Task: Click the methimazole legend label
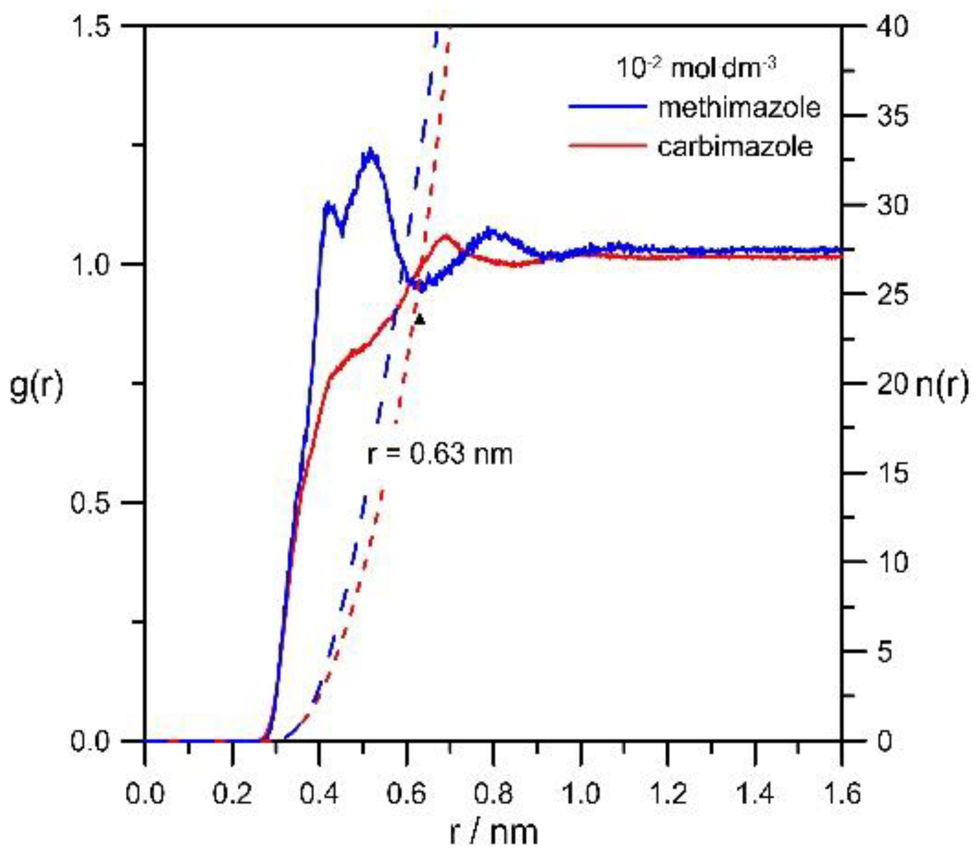point(738,107)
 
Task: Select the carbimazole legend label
point(735,146)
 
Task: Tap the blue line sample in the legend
point(607,106)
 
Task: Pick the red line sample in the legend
point(607,144)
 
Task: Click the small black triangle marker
point(419,320)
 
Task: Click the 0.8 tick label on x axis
point(493,793)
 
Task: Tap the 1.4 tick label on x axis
point(754,793)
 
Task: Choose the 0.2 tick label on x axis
point(232,793)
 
